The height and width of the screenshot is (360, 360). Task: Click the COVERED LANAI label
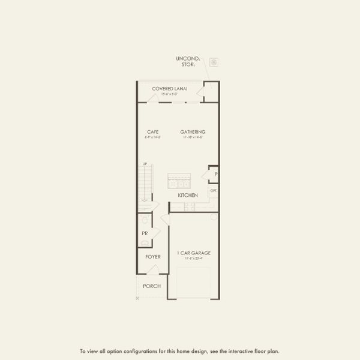click(x=169, y=88)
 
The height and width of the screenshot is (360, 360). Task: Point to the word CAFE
click(x=152, y=132)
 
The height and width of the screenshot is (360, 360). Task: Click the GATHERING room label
click(x=193, y=132)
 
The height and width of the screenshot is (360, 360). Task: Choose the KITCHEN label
click(x=188, y=196)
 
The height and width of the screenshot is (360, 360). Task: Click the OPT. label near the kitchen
click(x=214, y=191)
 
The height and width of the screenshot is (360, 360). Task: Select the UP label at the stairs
click(x=145, y=164)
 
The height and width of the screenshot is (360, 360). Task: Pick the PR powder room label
click(x=145, y=233)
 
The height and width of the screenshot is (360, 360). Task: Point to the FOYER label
click(x=152, y=257)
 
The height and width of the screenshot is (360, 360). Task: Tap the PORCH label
click(x=152, y=286)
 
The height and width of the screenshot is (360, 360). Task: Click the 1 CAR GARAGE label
click(x=193, y=253)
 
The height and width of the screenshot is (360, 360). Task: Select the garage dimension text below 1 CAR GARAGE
click(x=193, y=259)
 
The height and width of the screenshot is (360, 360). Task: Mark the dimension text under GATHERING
click(x=193, y=137)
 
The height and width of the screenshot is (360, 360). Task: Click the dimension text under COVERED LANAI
click(x=169, y=94)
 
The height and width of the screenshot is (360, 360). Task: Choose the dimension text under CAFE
click(x=152, y=137)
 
